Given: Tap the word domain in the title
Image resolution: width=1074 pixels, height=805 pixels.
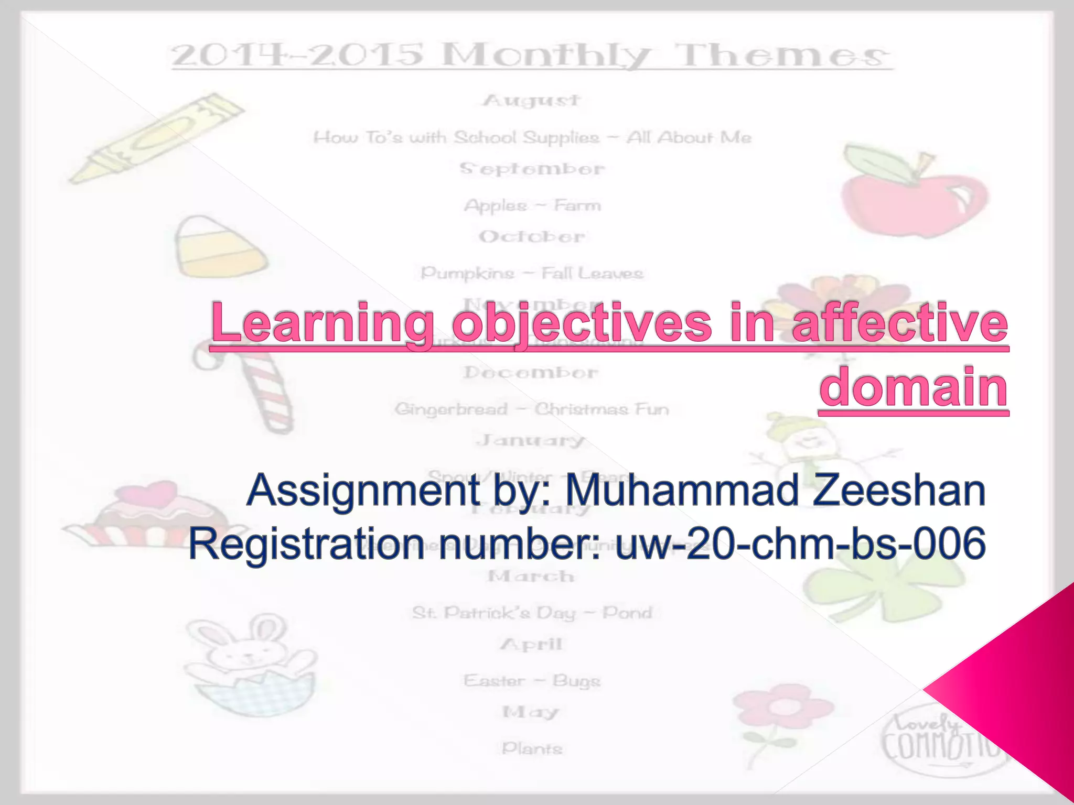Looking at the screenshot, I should (914, 388).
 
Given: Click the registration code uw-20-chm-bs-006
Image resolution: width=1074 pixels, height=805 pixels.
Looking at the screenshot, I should (800, 544).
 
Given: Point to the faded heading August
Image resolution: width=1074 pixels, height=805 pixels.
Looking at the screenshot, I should (531, 100).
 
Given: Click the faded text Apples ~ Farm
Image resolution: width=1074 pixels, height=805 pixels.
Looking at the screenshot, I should (532, 205).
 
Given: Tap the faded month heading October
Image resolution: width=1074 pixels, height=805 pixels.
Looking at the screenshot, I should (531, 237).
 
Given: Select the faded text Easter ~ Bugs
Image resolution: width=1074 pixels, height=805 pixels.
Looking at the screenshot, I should (531, 681).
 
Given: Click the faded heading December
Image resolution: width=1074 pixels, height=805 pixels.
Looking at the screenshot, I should (531, 373).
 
